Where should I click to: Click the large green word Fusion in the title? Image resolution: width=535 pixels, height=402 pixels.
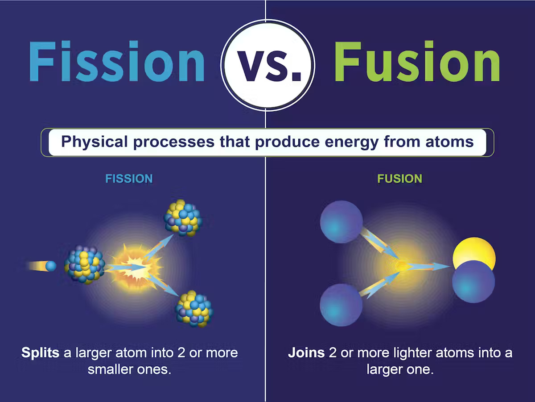point(416,63)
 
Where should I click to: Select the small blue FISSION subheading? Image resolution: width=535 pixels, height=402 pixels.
point(129,179)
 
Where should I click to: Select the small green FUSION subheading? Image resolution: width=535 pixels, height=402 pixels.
point(399,179)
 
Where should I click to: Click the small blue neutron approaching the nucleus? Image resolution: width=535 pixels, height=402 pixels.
point(51,266)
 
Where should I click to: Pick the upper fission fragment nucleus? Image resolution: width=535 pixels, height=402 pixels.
point(183,218)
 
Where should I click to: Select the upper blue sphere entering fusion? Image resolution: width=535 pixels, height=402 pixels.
point(342,222)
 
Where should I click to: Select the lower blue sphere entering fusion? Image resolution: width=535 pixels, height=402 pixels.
point(341,305)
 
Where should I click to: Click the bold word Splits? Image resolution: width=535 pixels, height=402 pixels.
point(40,353)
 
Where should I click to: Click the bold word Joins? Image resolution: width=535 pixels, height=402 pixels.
point(306,353)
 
